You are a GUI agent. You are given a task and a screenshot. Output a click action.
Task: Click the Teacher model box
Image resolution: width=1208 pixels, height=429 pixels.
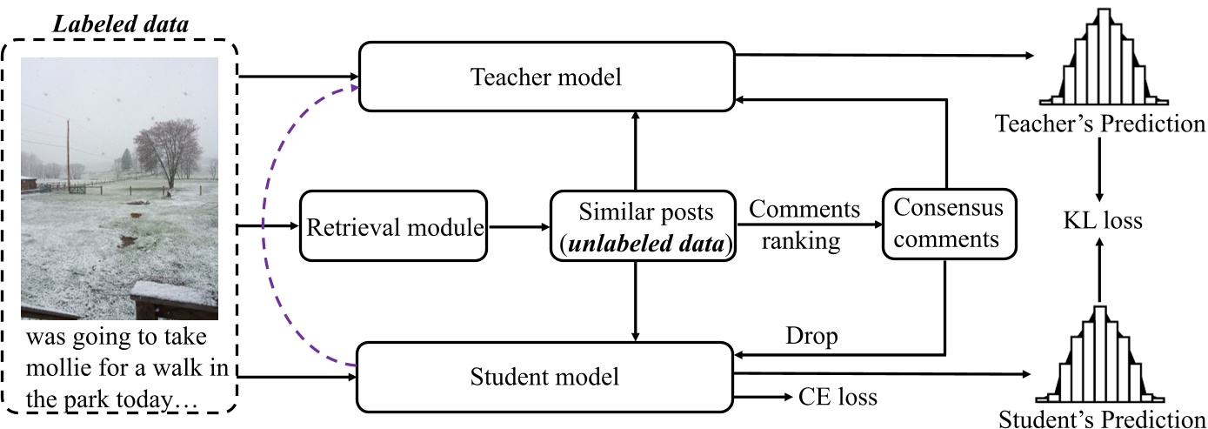tap(546, 77)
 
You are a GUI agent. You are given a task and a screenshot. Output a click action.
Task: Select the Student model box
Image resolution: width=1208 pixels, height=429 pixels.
tap(546, 378)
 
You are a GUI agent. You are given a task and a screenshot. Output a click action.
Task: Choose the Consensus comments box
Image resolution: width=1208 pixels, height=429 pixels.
tap(948, 225)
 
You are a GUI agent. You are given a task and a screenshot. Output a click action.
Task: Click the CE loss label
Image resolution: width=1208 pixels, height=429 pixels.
tap(837, 399)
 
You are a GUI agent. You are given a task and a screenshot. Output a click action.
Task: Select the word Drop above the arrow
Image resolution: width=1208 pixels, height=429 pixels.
tap(811, 337)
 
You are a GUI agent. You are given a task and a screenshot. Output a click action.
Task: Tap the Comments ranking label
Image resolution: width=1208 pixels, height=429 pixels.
tap(804, 225)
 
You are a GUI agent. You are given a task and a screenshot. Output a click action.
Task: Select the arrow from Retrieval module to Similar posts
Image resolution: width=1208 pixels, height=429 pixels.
tap(518, 228)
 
